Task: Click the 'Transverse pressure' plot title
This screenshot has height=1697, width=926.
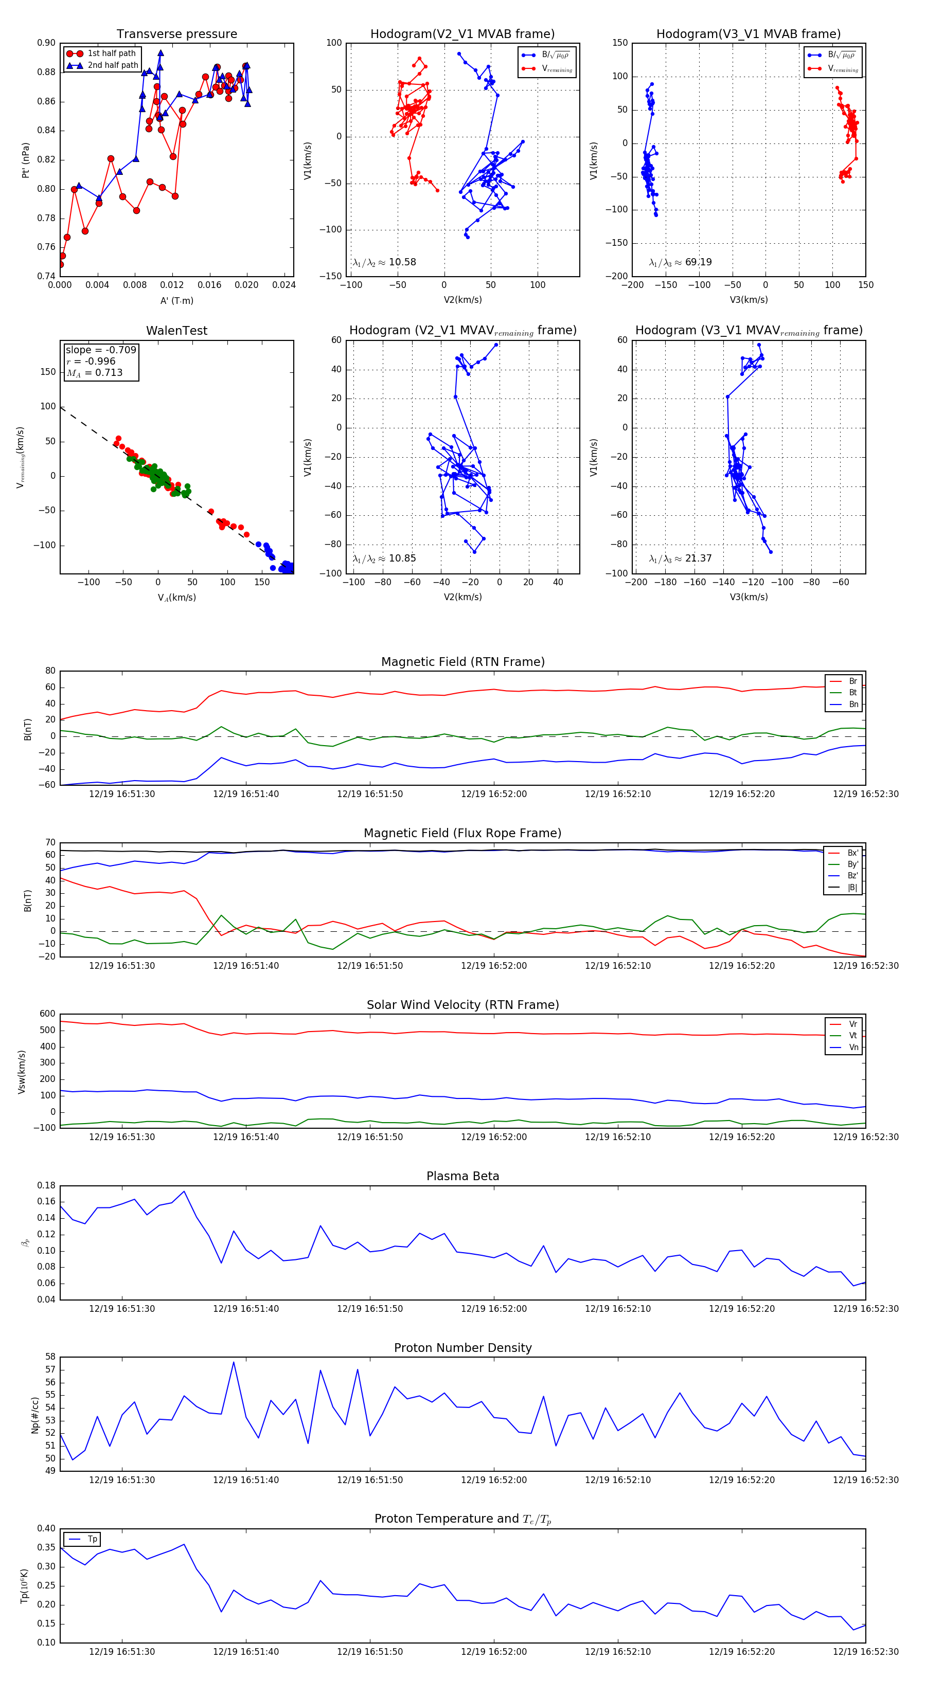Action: point(176,34)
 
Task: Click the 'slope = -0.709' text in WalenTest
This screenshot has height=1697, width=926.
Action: point(101,350)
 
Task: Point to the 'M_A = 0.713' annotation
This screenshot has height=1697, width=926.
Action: point(94,373)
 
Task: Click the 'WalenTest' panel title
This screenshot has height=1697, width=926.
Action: point(176,331)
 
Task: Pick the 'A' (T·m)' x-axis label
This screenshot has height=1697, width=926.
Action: point(176,300)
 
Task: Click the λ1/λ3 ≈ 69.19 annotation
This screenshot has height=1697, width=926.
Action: point(680,262)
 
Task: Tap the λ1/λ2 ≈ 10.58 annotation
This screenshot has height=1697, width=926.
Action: point(384,262)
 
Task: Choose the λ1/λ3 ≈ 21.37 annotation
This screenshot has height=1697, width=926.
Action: point(680,558)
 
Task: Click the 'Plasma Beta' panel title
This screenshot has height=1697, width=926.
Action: point(462,1177)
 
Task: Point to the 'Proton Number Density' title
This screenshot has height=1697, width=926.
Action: point(462,1348)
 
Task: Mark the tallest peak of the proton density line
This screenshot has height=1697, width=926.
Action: point(234,1362)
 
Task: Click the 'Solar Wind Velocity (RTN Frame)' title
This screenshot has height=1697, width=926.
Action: point(462,1005)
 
